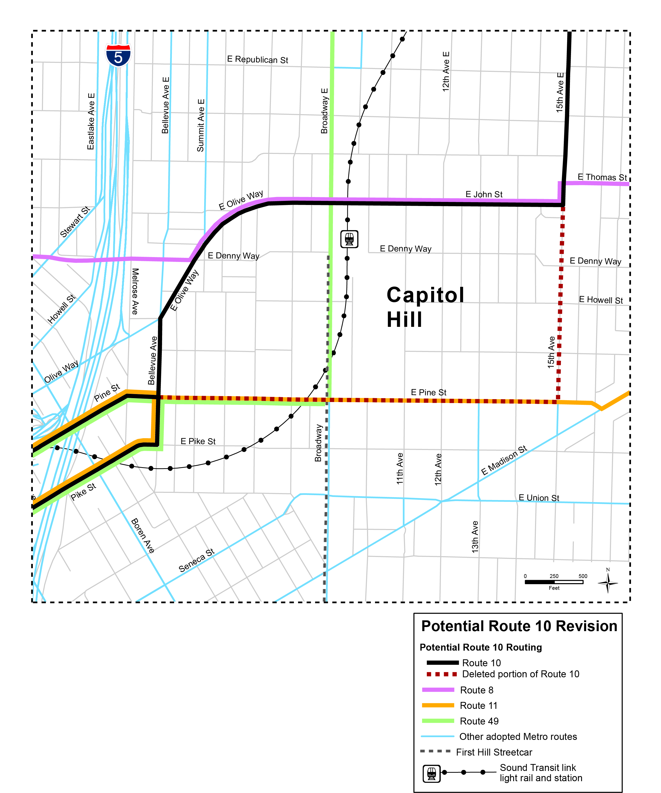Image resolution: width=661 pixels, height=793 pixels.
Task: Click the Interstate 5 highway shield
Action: point(118,55)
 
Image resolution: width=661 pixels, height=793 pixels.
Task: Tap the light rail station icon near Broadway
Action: point(349,239)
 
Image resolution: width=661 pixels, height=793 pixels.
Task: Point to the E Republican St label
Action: point(258,60)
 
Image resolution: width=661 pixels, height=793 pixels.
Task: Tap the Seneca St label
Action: point(196,560)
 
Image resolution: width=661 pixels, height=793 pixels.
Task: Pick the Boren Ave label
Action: point(143,535)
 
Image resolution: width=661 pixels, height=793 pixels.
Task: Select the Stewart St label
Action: point(75,222)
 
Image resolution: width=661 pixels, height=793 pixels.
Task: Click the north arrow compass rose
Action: point(607,583)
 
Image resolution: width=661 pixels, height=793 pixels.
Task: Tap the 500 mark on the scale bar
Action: point(583,576)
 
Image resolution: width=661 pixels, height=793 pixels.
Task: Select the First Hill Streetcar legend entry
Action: point(494,752)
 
